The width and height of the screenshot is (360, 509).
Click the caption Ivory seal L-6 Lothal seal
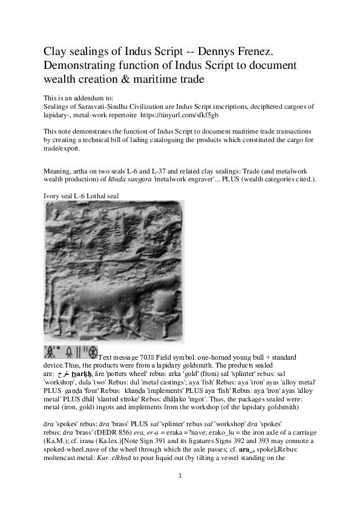[78, 196]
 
